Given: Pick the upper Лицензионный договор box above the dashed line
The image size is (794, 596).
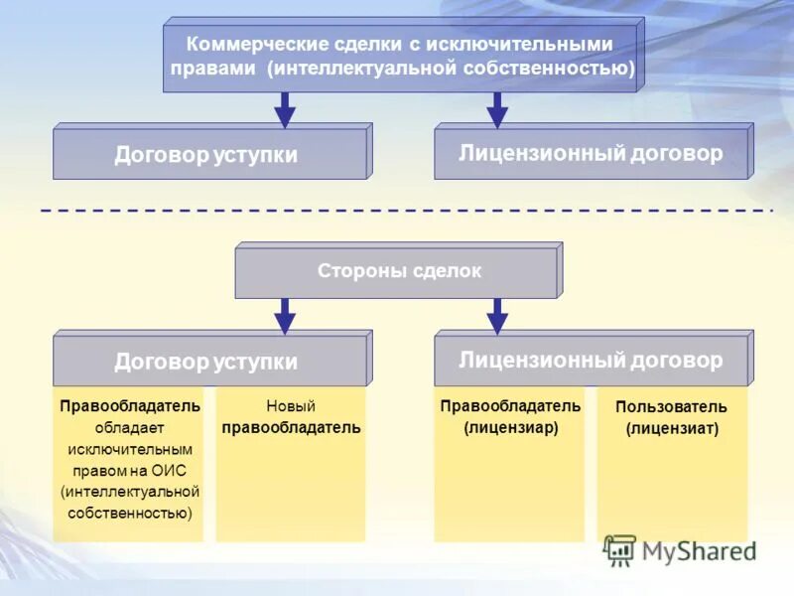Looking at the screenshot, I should pyautogui.click(x=591, y=154).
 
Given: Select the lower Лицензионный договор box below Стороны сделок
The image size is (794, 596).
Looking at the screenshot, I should pyautogui.click(x=591, y=361).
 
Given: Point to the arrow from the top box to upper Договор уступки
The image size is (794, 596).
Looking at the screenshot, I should pyautogui.click(x=285, y=110).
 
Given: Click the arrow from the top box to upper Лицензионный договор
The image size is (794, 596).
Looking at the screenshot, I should pyautogui.click(x=497, y=110).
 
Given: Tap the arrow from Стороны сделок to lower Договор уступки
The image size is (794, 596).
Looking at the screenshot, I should pyautogui.click(x=285, y=316).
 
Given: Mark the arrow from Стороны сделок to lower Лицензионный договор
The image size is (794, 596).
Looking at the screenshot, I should pyautogui.click(x=497, y=316).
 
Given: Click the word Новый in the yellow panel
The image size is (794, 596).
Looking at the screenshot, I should pyautogui.click(x=291, y=406).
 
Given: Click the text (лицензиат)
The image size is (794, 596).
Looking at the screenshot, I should pyautogui.click(x=671, y=429).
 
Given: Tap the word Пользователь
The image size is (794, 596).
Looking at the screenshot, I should pyautogui.click(x=671, y=407).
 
